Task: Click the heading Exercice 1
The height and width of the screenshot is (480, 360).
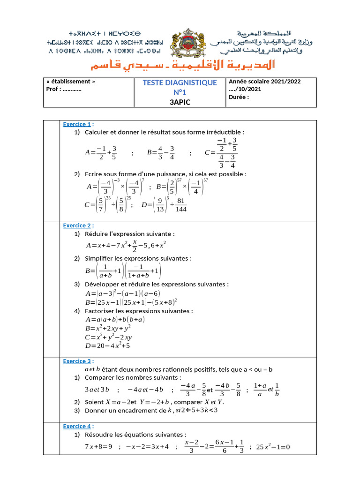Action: tap(77, 124)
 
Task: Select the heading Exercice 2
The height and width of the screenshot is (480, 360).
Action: tap(77, 225)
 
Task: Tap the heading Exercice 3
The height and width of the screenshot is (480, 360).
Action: tap(77, 361)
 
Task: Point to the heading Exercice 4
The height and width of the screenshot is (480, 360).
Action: tap(77, 426)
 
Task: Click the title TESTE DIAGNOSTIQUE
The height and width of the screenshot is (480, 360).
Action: tap(180, 83)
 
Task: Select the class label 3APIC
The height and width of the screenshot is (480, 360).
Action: tap(180, 103)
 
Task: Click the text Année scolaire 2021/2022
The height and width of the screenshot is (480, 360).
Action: tap(265, 82)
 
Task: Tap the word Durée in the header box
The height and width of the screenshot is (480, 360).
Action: tap(239, 97)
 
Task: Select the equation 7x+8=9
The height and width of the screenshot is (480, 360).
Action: tap(98, 447)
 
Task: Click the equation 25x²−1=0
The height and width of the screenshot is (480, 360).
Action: tap(273, 447)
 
